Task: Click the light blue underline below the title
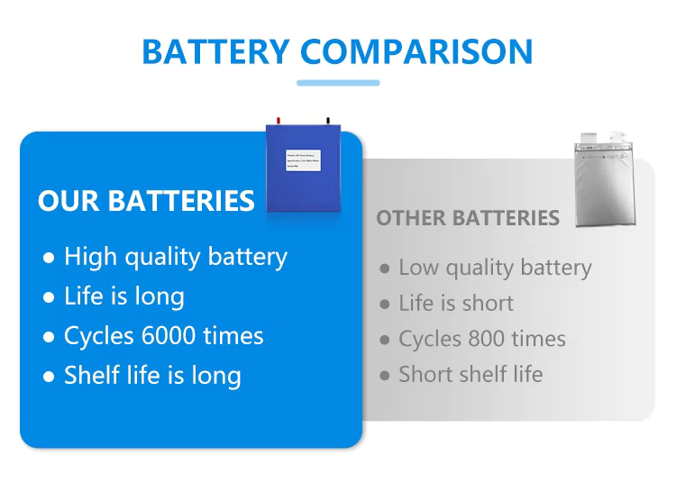(x=338, y=83)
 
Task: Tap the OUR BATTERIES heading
(x=146, y=200)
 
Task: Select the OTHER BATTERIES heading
(x=467, y=218)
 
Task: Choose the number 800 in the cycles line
(x=487, y=339)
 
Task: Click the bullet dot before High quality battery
(x=49, y=258)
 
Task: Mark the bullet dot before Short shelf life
(x=385, y=375)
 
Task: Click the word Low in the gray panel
(x=417, y=268)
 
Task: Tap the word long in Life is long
(x=159, y=296)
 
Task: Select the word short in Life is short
(x=486, y=303)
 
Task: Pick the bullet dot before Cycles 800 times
(x=385, y=340)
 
